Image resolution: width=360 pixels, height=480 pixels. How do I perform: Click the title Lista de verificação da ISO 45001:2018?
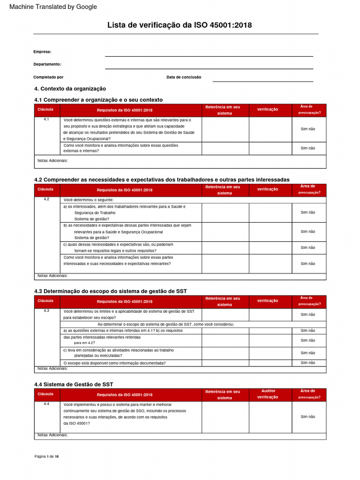coord(180,25)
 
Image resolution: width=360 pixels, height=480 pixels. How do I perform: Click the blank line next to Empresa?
coord(209,52)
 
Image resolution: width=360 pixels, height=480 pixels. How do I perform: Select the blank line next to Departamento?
coord(209,65)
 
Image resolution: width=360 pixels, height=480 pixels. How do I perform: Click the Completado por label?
coord(48,77)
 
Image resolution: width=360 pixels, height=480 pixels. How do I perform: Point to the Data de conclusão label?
coord(184,77)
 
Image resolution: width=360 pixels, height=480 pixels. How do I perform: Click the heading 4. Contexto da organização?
coord(70,89)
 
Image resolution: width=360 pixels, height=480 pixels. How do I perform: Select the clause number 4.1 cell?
coord(46,120)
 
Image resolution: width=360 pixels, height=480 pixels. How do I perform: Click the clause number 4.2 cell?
coord(46,199)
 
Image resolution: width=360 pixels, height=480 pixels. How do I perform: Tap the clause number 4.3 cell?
coord(46,311)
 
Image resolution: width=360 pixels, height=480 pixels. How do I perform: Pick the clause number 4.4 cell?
coord(46,404)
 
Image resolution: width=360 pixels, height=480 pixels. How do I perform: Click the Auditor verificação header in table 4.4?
coord(268,394)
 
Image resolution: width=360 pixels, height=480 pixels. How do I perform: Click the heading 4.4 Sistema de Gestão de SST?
coord(74,384)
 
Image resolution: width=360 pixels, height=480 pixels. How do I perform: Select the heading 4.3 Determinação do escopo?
coord(111,291)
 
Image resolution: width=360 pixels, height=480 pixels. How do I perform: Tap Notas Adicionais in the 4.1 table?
coord(52,161)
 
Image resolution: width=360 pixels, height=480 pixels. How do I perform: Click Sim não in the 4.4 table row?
coord(307,417)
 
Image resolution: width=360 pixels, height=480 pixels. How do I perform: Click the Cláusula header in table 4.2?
coord(45,189)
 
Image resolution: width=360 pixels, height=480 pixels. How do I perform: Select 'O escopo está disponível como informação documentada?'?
coord(114,363)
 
